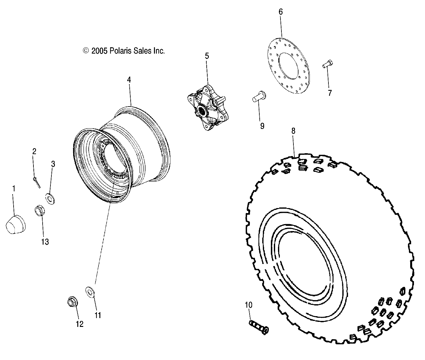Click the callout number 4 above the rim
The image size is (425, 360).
(129, 80)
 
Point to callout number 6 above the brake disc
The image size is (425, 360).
(280, 12)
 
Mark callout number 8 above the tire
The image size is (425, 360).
(293, 131)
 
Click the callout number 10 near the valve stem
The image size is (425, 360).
(249, 305)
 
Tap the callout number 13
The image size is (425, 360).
(45, 242)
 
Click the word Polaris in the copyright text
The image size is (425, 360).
(120, 51)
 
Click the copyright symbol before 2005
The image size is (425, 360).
(86, 50)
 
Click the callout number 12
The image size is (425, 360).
(80, 324)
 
